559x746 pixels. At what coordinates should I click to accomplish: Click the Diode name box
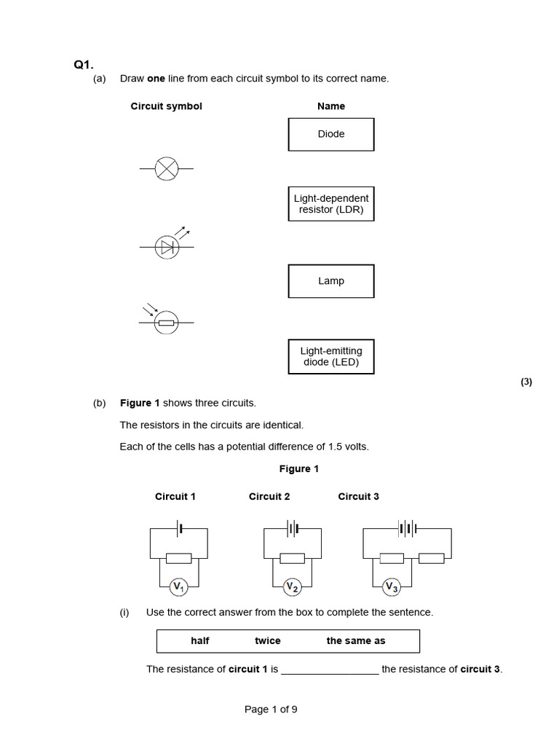(x=331, y=134)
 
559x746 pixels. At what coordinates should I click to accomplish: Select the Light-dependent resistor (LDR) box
(x=331, y=204)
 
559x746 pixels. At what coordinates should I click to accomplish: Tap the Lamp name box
(x=331, y=281)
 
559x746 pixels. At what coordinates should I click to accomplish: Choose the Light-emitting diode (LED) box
(x=331, y=356)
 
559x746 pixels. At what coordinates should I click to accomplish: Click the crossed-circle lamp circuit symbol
(x=167, y=168)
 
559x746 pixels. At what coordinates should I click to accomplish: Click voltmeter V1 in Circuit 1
(x=179, y=586)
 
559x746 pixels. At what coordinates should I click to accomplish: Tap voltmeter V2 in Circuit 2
(x=293, y=586)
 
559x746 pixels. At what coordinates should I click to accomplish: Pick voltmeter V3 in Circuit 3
(x=392, y=586)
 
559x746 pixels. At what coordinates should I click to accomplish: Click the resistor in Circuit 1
(x=179, y=558)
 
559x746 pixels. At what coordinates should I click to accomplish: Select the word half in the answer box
(x=200, y=641)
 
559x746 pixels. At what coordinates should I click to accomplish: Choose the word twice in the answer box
(x=267, y=641)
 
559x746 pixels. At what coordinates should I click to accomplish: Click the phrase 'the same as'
(x=356, y=641)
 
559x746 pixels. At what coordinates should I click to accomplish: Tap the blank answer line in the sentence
(x=330, y=670)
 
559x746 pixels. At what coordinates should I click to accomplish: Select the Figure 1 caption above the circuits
(x=299, y=469)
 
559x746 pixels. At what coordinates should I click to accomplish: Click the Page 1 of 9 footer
(x=271, y=710)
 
